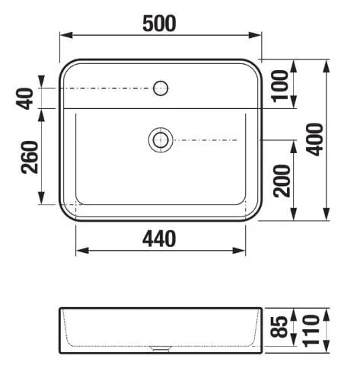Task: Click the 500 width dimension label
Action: (159, 24)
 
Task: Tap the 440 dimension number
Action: (159, 239)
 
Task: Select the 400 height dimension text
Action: (314, 139)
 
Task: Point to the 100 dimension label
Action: (280, 86)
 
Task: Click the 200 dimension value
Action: (282, 181)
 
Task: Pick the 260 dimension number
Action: (30, 157)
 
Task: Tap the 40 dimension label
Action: (25, 99)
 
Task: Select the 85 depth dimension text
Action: (279, 327)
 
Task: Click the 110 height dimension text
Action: (311, 331)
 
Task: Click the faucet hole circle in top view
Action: (161, 82)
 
